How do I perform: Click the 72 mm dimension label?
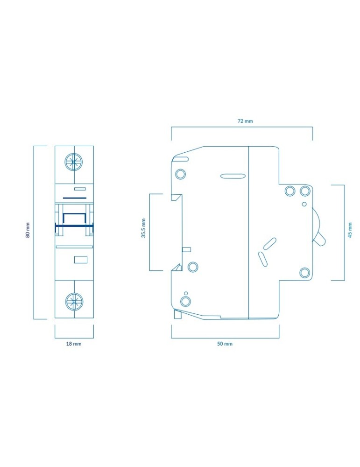point(245,121)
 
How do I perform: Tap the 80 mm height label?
point(28,230)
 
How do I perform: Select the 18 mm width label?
point(74,344)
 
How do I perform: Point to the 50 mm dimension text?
point(225,344)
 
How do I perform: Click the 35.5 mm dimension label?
point(143,228)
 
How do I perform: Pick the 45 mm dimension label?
point(350,230)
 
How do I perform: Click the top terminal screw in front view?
point(74,163)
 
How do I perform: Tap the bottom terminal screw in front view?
point(74,301)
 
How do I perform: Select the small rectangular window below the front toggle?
point(80,260)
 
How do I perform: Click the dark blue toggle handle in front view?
point(74,226)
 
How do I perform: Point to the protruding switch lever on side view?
point(319,239)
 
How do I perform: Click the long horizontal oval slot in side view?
point(233,176)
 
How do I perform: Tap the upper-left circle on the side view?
point(180,174)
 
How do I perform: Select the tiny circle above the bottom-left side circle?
point(186,293)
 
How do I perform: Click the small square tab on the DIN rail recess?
point(186,249)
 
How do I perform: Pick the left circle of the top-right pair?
point(290,191)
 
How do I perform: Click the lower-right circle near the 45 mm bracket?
point(304,273)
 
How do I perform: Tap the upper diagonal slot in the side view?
point(270,244)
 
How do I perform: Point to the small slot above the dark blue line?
point(79,189)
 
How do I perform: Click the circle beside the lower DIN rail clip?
point(193,267)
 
